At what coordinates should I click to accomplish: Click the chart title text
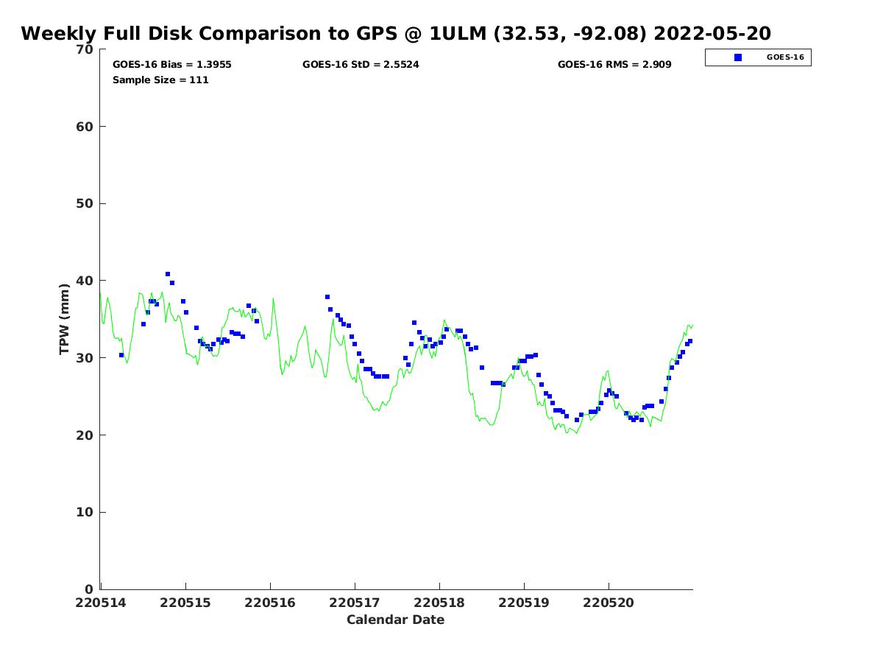(x=396, y=34)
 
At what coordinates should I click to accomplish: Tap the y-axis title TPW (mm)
(x=65, y=318)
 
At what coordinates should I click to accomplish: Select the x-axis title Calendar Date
(x=395, y=620)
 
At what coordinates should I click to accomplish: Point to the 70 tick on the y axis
(x=85, y=49)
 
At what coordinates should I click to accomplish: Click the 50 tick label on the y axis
(x=85, y=203)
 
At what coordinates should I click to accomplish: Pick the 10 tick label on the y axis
(x=85, y=512)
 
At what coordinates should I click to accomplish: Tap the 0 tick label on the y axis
(x=89, y=589)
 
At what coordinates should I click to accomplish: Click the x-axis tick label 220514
(x=101, y=603)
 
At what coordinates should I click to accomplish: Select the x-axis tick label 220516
(x=270, y=603)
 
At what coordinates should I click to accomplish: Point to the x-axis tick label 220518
(x=439, y=603)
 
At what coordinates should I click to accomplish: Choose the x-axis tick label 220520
(x=609, y=603)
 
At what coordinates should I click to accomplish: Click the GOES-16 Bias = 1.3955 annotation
(x=171, y=65)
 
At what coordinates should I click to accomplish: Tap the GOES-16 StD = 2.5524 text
(x=361, y=65)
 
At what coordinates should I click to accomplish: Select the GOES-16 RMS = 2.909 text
(x=614, y=65)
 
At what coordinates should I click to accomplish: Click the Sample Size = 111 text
(x=160, y=80)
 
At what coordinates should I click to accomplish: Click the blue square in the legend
(x=738, y=57)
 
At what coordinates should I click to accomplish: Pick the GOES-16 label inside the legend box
(x=785, y=57)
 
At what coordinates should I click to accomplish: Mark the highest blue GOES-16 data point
(x=168, y=274)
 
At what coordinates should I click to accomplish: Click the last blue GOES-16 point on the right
(x=690, y=341)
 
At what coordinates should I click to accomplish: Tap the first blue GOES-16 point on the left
(x=121, y=355)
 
